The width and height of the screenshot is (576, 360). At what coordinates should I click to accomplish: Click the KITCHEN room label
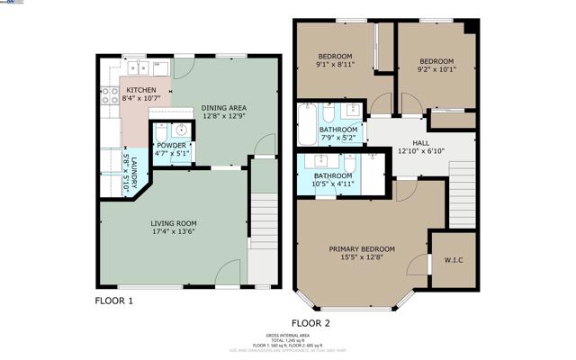[x=141, y=91]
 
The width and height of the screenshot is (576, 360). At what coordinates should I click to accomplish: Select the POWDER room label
[x=171, y=146]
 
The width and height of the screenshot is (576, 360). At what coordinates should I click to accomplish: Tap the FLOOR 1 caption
[x=115, y=301]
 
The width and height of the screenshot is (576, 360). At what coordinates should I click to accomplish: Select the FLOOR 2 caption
[x=310, y=322]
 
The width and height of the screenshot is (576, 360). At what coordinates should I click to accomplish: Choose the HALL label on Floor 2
[x=421, y=142]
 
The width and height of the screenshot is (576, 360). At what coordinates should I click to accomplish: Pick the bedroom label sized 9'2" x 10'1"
[x=436, y=63]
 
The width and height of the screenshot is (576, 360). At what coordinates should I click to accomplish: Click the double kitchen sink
[x=138, y=67]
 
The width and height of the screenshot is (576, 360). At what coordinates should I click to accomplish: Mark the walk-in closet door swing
[x=418, y=265]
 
